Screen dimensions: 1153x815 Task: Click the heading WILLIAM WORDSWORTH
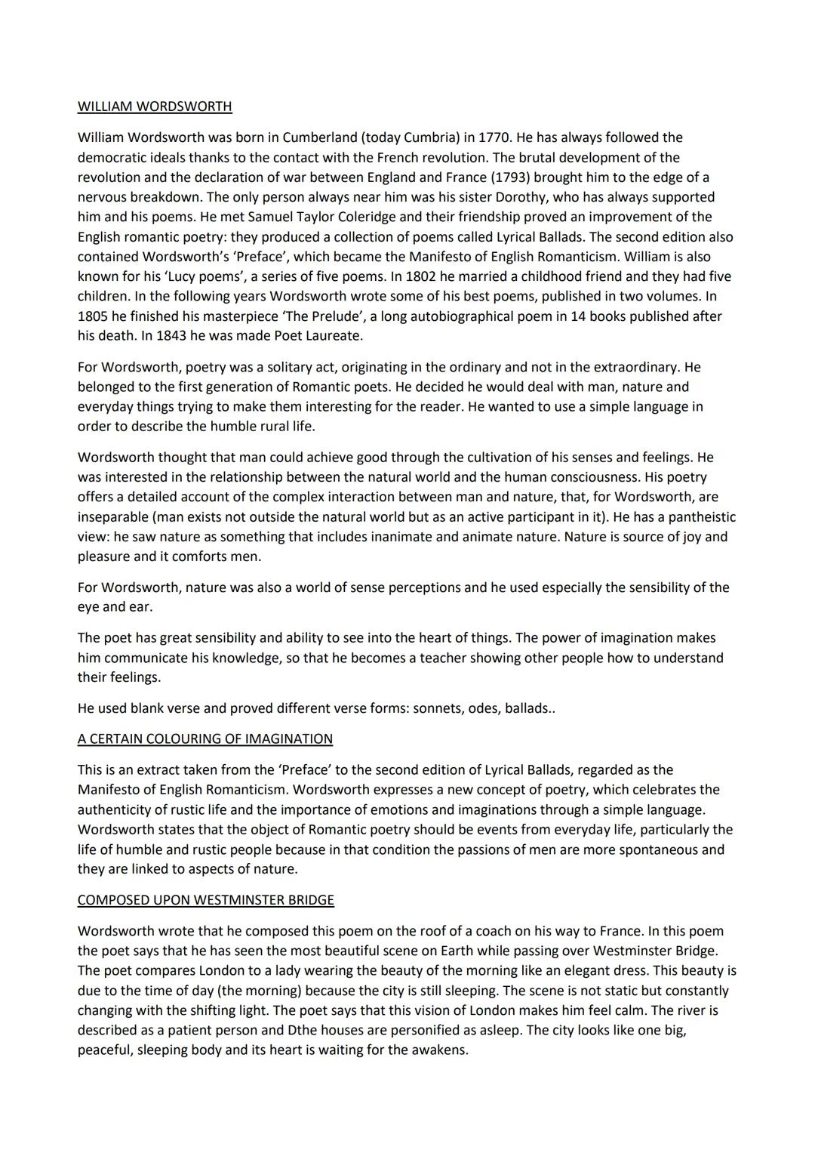point(155,106)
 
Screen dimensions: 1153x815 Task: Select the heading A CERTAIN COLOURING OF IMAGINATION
point(205,739)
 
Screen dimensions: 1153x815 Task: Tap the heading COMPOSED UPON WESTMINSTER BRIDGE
point(205,900)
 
